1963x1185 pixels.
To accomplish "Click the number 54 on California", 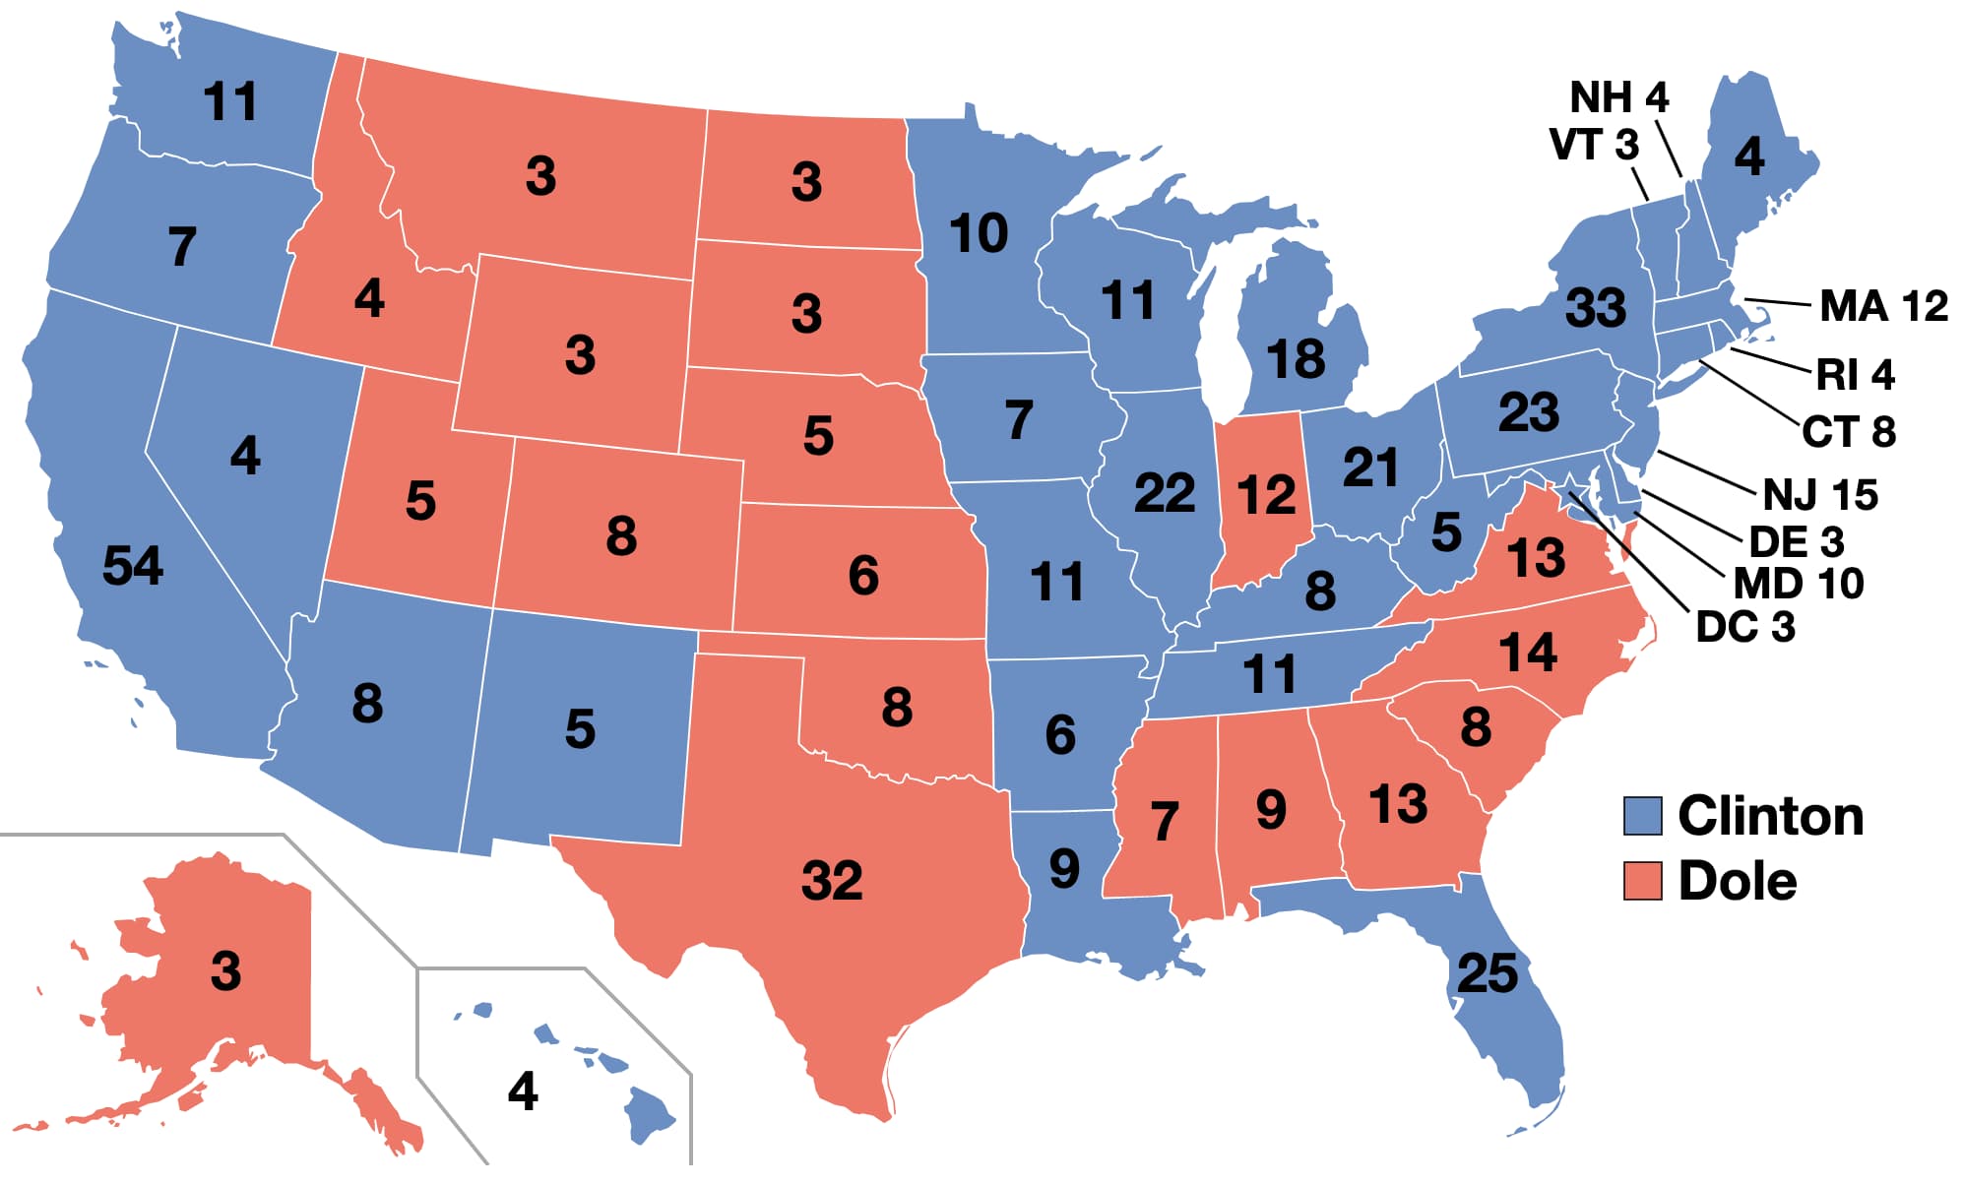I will tap(133, 566).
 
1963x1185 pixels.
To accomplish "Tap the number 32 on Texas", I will tap(832, 880).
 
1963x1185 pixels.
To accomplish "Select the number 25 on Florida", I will tap(1487, 973).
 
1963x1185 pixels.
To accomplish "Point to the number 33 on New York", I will tap(1596, 308).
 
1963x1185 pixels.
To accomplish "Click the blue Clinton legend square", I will tap(1642, 816).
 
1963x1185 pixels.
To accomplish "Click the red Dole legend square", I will tap(1642, 881).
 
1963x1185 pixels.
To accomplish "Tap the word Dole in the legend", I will tap(1737, 881).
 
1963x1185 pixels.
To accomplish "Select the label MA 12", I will tap(1883, 306).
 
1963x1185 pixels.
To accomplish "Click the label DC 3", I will tap(1745, 627).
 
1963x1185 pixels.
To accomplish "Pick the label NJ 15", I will tap(1820, 494).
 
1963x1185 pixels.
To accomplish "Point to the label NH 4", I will tap(1618, 97).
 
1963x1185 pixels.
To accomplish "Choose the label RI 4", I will tap(1855, 375).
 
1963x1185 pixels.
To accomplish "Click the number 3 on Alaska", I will tap(225, 971).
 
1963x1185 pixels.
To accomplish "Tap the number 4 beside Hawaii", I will tap(523, 1091).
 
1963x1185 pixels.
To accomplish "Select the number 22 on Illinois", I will tap(1165, 492).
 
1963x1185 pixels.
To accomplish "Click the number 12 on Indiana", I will tap(1266, 494).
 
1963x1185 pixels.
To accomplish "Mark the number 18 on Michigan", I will tap(1296, 359).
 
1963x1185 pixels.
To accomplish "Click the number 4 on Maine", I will tap(1748, 156).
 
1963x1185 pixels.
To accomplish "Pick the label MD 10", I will tap(1799, 584).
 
